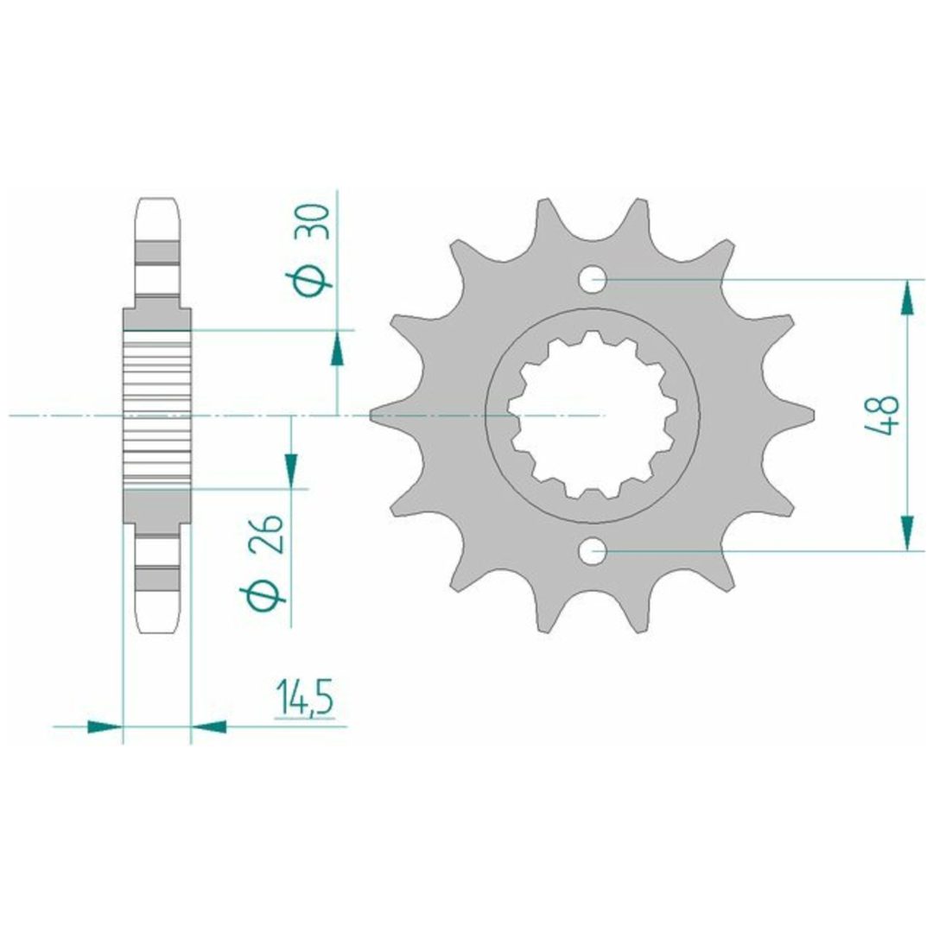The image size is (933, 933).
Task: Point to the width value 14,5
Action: pos(305,700)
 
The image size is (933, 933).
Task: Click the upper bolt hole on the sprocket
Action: pos(593,279)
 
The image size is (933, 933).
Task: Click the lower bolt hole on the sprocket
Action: pos(593,551)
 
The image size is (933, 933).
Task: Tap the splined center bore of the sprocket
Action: pos(593,416)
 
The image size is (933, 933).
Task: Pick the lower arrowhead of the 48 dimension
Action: pos(906,533)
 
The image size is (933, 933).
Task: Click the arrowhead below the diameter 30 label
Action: pos(338,348)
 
